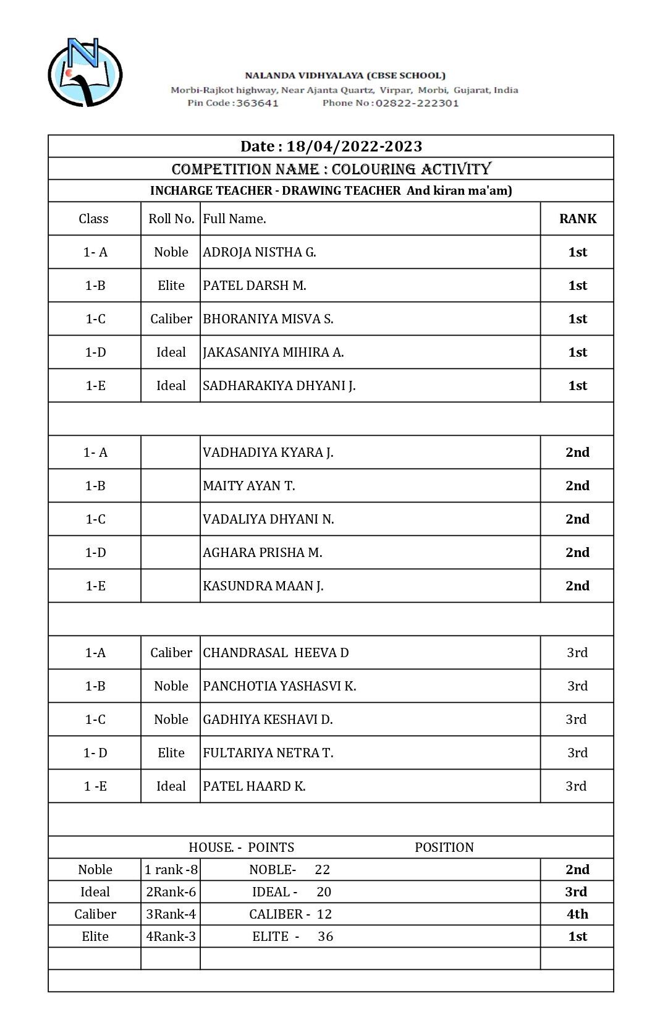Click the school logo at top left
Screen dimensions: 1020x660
point(85,72)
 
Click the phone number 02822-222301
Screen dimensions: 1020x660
point(417,103)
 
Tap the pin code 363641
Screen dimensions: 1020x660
point(257,103)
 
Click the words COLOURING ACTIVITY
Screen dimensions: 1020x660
point(412,169)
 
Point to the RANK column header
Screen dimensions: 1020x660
point(577,219)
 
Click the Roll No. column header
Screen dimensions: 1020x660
point(171,219)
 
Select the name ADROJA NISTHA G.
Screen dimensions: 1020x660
point(260,252)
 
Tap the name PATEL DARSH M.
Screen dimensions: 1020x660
point(255,286)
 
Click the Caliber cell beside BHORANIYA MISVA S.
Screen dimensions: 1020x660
point(171,319)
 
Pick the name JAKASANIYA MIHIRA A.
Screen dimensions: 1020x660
point(273,352)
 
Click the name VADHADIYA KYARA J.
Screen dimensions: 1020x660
point(268,453)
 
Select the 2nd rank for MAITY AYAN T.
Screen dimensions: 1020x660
point(577,486)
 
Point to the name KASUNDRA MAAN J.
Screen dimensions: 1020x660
point(263,586)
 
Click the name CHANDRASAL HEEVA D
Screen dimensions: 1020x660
point(276,653)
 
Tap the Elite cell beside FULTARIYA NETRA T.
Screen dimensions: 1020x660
point(171,753)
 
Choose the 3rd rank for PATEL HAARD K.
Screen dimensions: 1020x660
point(576,786)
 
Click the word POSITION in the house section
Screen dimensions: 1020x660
point(444,848)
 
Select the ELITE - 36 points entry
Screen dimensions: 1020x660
point(292,937)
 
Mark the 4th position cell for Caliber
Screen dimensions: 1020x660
point(577,914)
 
